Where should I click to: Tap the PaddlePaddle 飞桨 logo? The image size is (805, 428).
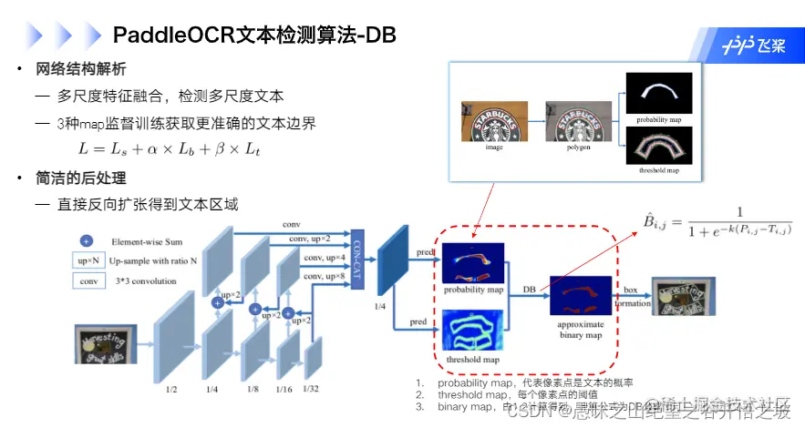pyautogui.click(x=753, y=46)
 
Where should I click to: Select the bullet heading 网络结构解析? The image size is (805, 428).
pyautogui.click(x=80, y=69)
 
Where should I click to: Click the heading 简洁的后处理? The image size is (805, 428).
pyautogui.click(x=80, y=178)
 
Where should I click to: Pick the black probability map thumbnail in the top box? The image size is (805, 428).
pyautogui.click(x=658, y=92)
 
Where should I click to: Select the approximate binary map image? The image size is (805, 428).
pyautogui.click(x=581, y=296)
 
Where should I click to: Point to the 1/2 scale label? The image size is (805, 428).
pyautogui.click(x=171, y=389)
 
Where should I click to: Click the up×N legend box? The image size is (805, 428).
pyautogui.click(x=88, y=261)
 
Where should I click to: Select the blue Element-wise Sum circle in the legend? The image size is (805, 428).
pyautogui.click(x=86, y=241)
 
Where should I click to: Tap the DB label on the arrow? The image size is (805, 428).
pyautogui.click(x=528, y=289)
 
